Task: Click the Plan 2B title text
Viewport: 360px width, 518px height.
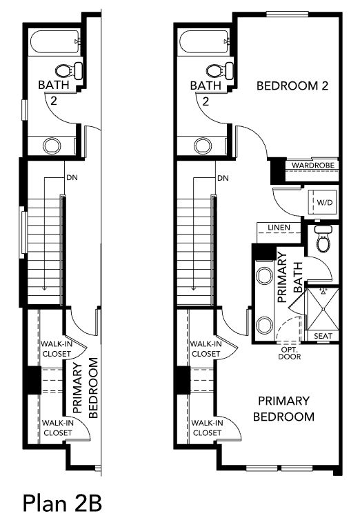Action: pyautogui.click(x=62, y=503)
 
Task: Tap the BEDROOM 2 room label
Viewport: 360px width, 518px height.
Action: pyautogui.click(x=292, y=86)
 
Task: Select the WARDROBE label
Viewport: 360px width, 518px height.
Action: pyautogui.click(x=313, y=165)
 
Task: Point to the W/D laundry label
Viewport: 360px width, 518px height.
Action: pyautogui.click(x=325, y=203)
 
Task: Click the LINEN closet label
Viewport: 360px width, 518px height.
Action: pyautogui.click(x=279, y=228)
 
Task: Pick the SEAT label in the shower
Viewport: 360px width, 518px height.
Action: pyautogui.click(x=323, y=336)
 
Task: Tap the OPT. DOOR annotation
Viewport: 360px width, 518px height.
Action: pyautogui.click(x=290, y=353)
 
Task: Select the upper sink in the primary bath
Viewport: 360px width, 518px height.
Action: pyautogui.click(x=265, y=276)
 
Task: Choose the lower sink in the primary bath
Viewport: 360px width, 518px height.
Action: pyautogui.click(x=265, y=325)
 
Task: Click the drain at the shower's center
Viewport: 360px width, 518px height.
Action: pyautogui.click(x=323, y=310)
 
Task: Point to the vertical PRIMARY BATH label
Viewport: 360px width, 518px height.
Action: pyautogui.click(x=290, y=277)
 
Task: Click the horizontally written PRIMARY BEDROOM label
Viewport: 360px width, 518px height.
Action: pyautogui.click(x=283, y=408)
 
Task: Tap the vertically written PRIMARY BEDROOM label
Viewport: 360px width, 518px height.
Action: pyautogui.click(x=86, y=388)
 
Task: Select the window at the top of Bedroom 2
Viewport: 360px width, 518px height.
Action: pyautogui.click(x=288, y=14)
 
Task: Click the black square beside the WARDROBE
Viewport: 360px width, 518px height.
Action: pyautogui.click(x=277, y=171)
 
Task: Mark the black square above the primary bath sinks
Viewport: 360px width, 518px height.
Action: pyautogui.click(x=263, y=252)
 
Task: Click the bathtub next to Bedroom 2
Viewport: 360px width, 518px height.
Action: pyautogui.click(x=204, y=41)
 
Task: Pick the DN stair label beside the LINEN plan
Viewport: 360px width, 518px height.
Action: pyautogui.click(x=223, y=178)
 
